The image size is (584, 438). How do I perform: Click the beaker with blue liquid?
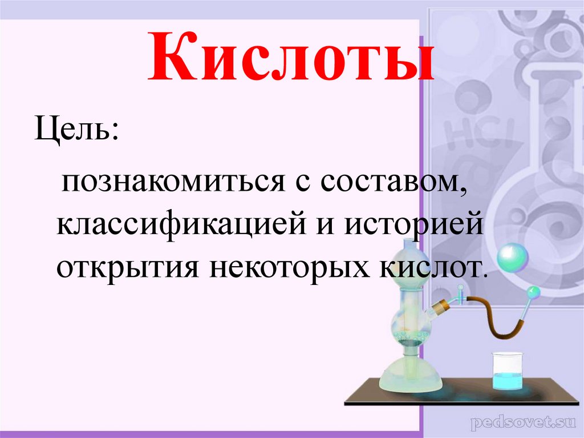(508, 371)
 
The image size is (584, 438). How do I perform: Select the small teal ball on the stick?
(533, 292)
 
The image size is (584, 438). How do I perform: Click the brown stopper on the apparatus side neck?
(439, 308)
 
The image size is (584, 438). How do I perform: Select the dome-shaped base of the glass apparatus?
(408, 373)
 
